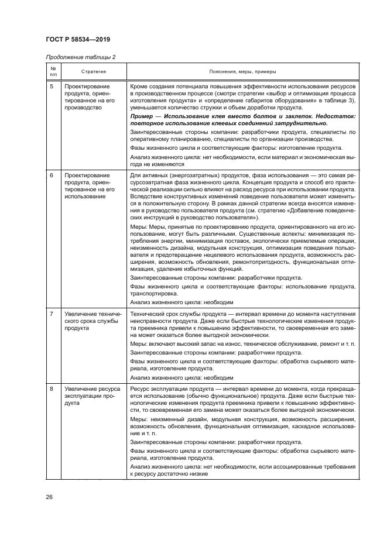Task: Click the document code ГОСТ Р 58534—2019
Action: click(78, 39)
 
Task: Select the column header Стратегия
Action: click(93, 71)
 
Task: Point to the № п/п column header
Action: click(53, 71)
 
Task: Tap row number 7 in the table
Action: click(52, 315)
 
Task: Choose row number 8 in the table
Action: click(52, 388)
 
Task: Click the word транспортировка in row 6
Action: click(153, 294)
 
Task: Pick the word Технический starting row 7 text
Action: click(147, 315)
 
